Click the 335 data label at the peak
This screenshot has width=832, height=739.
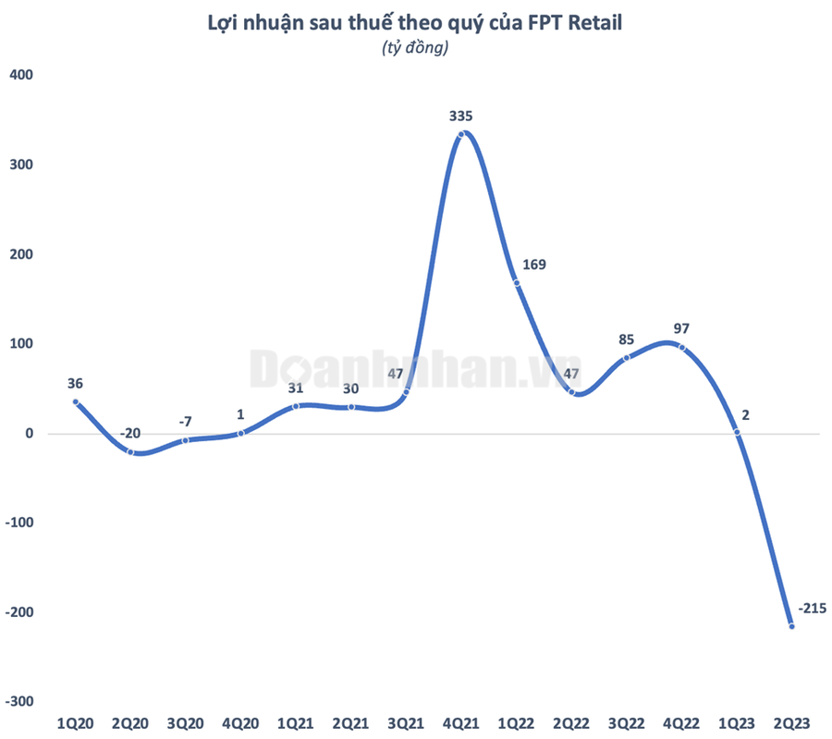[460, 116]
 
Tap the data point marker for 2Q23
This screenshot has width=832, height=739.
[792, 626]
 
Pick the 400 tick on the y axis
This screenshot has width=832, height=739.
[21, 75]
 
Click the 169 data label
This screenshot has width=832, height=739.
[533, 265]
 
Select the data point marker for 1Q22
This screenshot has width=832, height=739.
[517, 283]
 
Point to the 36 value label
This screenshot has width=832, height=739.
[75, 384]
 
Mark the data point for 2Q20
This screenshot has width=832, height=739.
[130, 451]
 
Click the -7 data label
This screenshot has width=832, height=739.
[185, 421]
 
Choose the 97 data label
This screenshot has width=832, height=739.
[682, 328]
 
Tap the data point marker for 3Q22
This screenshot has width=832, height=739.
[626, 358]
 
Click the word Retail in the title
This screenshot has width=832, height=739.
[597, 24]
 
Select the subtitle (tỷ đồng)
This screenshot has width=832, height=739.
[415, 50]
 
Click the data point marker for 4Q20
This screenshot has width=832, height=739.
[240, 433]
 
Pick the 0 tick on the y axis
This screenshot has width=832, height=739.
[29, 434]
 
